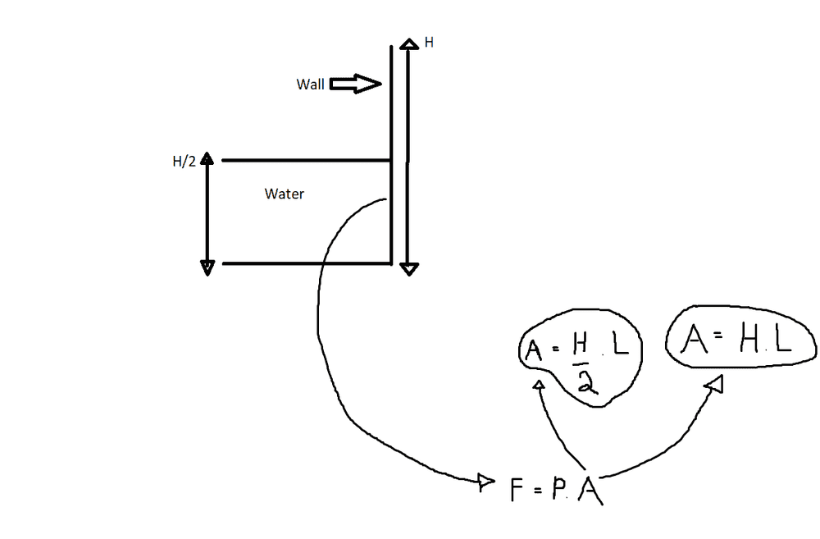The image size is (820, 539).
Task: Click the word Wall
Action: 311,85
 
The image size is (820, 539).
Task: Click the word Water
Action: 285,194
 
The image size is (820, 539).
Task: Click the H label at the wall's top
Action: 428,42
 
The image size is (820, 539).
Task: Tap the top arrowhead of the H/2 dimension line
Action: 207,158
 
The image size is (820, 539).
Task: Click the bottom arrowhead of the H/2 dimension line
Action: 207,266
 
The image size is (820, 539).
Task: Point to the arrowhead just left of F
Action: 485,481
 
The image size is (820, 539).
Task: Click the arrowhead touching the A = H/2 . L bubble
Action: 539,385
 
